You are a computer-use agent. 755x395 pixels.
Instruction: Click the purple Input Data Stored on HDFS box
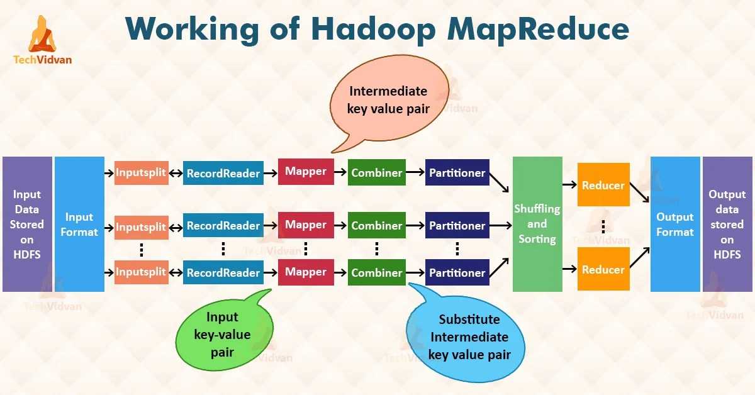coord(27,224)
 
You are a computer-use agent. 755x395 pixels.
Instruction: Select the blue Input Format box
coord(79,224)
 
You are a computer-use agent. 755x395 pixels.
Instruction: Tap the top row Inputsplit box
coord(141,172)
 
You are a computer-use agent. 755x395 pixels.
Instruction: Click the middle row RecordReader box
coord(223,225)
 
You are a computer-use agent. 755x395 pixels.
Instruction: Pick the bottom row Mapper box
coord(306,272)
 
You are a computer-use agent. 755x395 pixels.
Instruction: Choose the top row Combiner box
coord(376,172)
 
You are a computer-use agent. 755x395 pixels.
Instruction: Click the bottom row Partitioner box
coord(457,272)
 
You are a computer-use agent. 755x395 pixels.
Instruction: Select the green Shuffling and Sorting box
coord(537,224)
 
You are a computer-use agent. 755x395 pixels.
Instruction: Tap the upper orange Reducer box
coord(603,185)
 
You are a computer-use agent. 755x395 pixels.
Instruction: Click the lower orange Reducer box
coord(603,269)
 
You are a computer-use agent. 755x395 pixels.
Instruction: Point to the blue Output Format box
coord(675,224)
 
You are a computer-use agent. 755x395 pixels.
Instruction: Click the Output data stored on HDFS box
coord(727,224)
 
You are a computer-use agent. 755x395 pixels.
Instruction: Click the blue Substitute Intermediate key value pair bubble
coord(469,337)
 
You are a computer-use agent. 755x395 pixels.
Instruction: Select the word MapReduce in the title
coord(526,30)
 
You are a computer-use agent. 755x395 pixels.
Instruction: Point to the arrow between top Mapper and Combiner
coord(340,172)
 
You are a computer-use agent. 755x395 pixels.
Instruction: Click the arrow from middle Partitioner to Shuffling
coord(500,225)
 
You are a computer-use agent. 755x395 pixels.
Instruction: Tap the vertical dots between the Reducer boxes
coord(603,227)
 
